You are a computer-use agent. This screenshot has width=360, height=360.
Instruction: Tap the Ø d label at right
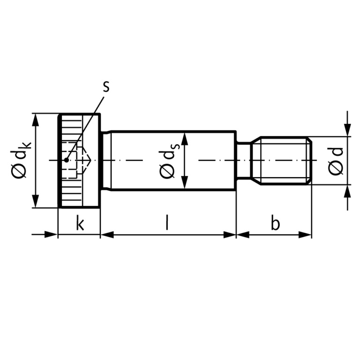pos(336,161)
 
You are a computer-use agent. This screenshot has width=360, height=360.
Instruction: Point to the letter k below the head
pos(80,224)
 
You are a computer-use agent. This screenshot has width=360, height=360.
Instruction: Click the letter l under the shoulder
pos(167,223)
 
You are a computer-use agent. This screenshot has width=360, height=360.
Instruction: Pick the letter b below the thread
pos(275,224)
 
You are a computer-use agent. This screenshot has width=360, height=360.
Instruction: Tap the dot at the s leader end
pos(67,160)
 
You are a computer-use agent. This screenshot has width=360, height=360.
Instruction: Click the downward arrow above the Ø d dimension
pos(347,130)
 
